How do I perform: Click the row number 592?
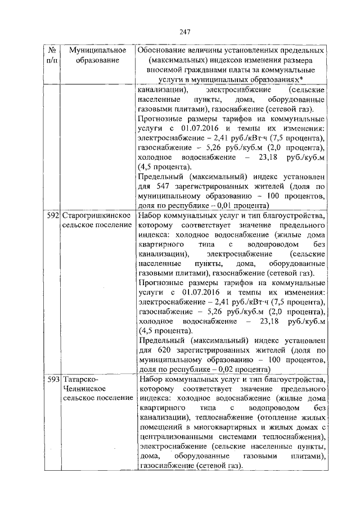tap(54, 215)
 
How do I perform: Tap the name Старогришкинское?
tap(97, 215)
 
